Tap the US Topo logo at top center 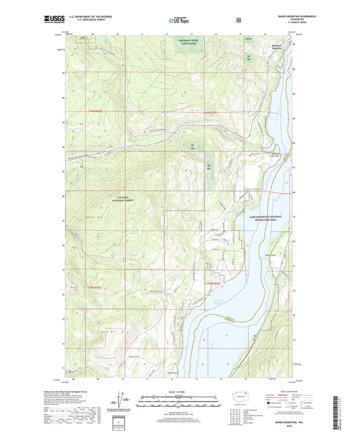(x=179, y=21)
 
